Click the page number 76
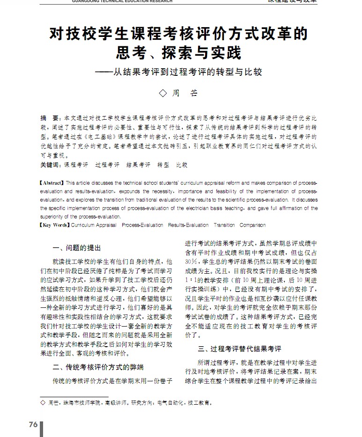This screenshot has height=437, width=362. [x=33, y=424]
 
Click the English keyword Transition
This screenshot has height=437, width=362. [x=224, y=225]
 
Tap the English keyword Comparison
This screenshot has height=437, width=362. [x=252, y=225]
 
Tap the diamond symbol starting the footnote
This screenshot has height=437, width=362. [x=43, y=402]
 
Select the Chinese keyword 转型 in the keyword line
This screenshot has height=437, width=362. [x=163, y=165]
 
